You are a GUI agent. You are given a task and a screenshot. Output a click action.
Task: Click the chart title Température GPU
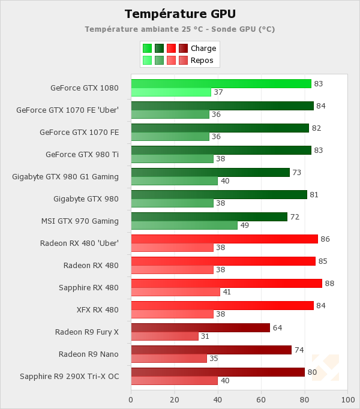pos(180,14)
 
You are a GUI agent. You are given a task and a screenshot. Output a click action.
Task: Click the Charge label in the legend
pos(203,49)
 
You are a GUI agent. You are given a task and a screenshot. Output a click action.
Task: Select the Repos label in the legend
pos(202,61)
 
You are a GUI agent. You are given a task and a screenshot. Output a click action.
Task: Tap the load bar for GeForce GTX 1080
pos(221,83)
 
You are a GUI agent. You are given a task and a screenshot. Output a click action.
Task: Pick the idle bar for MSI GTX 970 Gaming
pos(184,225)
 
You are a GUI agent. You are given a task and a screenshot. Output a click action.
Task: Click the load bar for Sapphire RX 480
pos(226,283)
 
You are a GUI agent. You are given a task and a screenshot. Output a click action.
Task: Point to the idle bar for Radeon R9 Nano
pos(169,359)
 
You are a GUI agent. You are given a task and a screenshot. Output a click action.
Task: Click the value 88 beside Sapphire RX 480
pos(330,283)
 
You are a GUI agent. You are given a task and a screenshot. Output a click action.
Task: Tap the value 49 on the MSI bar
pos(244,225)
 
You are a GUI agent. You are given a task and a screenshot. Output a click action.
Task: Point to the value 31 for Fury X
pos(205,336)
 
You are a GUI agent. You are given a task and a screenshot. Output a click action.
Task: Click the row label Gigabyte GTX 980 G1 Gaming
pos(65,176)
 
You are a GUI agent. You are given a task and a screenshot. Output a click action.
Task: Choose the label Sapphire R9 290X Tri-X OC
pos(69,376)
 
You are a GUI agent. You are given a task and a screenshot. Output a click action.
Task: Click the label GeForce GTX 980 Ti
pos(82,154)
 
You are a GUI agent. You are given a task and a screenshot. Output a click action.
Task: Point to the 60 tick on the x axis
pos(261,399)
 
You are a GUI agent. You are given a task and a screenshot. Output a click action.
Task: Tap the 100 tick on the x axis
pos(347,399)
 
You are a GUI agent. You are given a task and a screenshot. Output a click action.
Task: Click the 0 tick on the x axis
pos(131,399)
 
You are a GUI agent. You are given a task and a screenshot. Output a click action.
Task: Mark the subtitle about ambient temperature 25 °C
pos(180,29)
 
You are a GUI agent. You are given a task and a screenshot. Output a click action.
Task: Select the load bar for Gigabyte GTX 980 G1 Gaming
pos(210,172)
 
